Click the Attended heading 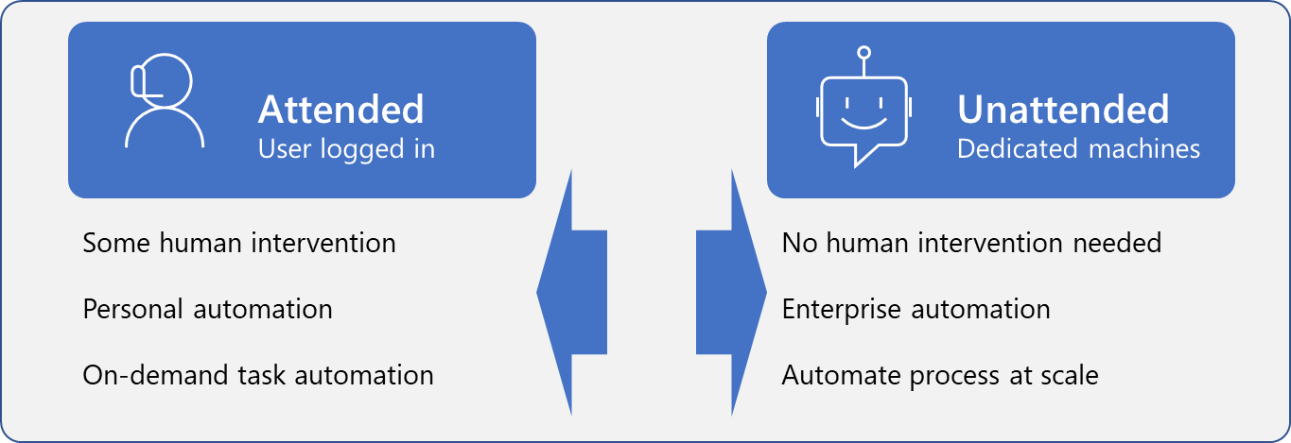(340, 110)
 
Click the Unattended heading (1063, 110)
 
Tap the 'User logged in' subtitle (346, 149)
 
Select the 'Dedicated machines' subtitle (1078, 148)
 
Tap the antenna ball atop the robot (864, 53)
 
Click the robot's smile (864, 123)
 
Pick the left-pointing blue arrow (571, 292)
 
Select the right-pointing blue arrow (731, 292)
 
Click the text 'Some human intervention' (239, 243)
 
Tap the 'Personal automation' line (207, 309)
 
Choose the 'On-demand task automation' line (258, 375)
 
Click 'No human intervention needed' (971, 243)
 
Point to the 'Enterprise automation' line (916, 309)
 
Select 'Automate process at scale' (940, 375)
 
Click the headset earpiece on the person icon (137, 81)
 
